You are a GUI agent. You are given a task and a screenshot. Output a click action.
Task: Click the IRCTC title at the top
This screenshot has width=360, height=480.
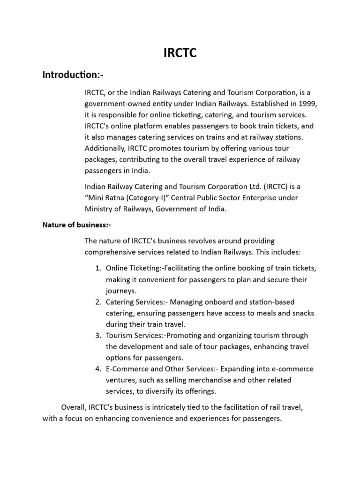(180, 53)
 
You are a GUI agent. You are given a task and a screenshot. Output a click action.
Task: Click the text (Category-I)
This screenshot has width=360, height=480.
(150, 197)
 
